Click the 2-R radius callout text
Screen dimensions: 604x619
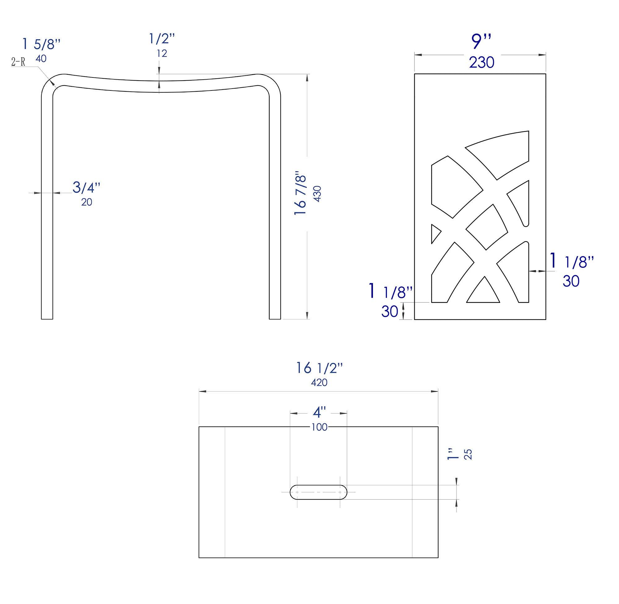tap(18, 62)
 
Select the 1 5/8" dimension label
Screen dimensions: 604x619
tap(41, 44)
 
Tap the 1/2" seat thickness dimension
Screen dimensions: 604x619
tap(162, 39)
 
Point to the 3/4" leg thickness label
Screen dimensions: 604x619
tap(86, 187)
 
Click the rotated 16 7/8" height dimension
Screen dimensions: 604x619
tap(301, 194)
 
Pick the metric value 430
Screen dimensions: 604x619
tap(317, 194)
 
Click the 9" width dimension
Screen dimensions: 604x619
tap(481, 41)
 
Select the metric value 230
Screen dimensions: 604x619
tap(482, 63)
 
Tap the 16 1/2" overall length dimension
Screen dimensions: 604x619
tap(319, 368)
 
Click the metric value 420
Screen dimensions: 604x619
tap(319, 383)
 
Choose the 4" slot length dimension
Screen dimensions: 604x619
tap(319, 413)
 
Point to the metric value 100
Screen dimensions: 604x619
tap(319, 427)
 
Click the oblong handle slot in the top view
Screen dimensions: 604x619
tap(318, 492)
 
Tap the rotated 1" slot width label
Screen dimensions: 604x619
tap(453, 454)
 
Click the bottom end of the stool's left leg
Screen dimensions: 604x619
tap(47, 318)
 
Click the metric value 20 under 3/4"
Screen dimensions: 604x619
tap(87, 202)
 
